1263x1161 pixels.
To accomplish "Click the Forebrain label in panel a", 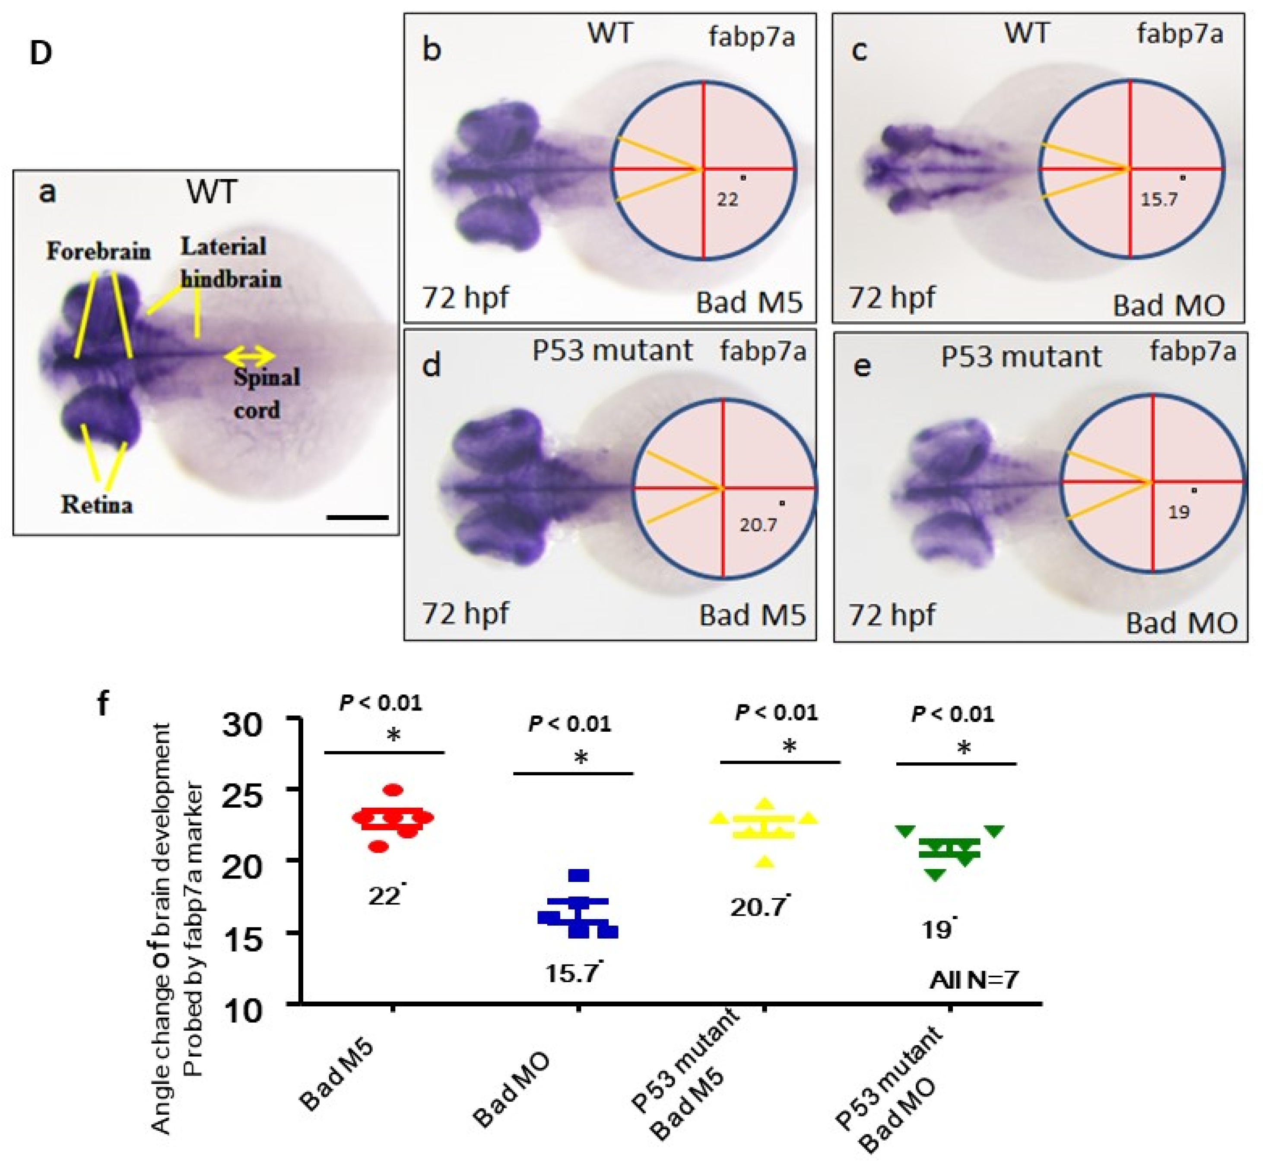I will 98,251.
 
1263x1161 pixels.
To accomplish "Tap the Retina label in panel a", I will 97,504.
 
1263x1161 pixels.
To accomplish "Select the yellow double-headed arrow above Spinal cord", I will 250,356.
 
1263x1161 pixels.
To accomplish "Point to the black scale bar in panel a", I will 358,518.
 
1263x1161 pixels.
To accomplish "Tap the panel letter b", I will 431,49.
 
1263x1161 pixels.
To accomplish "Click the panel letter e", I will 862,365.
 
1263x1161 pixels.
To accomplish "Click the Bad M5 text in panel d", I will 752,615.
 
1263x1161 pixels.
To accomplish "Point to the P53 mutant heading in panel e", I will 1021,356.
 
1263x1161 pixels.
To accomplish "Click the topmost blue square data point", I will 578,875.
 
